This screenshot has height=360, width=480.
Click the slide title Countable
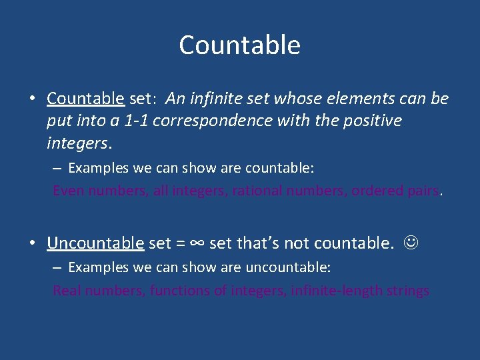[239, 45]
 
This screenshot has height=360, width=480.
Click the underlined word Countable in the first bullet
[85, 99]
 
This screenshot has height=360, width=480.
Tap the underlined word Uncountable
[95, 243]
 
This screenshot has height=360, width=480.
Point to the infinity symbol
[197, 243]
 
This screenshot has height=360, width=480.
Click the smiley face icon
[413, 243]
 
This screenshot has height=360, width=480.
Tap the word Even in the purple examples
[68, 191]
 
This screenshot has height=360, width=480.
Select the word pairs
[423, 191]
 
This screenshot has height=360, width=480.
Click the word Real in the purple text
[67, 291]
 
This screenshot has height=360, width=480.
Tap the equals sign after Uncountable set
[180, 243]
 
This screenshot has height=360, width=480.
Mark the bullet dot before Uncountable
[32, 243]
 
